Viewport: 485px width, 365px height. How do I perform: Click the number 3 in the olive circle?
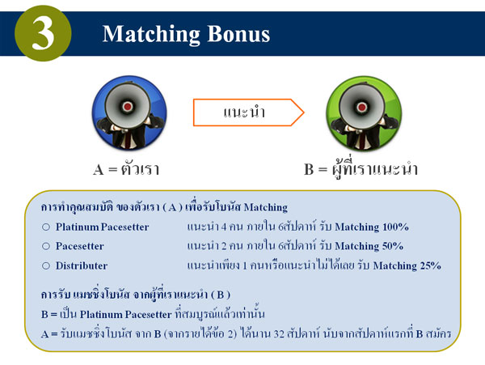point(43,33)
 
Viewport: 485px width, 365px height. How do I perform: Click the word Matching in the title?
point(152,35)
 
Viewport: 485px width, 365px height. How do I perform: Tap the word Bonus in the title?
point(238,33)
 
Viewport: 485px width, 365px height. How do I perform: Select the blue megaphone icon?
point(129,113)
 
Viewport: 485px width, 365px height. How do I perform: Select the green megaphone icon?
point(364,113)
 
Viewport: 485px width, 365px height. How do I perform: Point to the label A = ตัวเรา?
point(126,169)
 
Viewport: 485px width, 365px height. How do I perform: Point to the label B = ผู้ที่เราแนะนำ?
point(361,170)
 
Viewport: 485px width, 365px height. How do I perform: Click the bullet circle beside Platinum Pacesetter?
point(46,227)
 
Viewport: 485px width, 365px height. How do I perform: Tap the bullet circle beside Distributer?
point(46,265)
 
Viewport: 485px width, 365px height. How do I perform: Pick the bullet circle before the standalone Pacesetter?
point(46,246)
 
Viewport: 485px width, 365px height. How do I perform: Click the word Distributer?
point(82,265)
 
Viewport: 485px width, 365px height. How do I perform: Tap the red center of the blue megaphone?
point(128,107)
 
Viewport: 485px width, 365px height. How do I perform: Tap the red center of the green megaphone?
point(361,108)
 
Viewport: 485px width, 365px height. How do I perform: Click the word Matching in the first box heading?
point(266,207)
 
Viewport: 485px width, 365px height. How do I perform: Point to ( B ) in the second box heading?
point(221,295)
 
